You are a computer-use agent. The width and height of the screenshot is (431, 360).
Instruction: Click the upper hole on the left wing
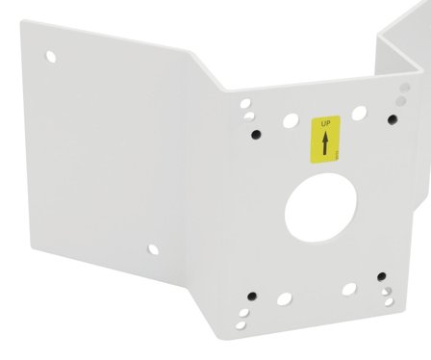(x=51, y=56)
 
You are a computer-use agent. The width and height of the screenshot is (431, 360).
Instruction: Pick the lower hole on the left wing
(x=152, y=249)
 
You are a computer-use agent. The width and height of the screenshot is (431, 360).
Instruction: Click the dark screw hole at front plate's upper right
(x=393, y=119)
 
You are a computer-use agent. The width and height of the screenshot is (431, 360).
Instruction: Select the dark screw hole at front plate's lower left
(x=251, y=295)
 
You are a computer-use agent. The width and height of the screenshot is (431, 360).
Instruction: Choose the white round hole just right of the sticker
(x=359, y=113)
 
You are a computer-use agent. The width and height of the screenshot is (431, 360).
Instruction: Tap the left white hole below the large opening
(x=285, y=298)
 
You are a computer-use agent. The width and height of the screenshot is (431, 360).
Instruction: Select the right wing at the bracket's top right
(x=404, y=48)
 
